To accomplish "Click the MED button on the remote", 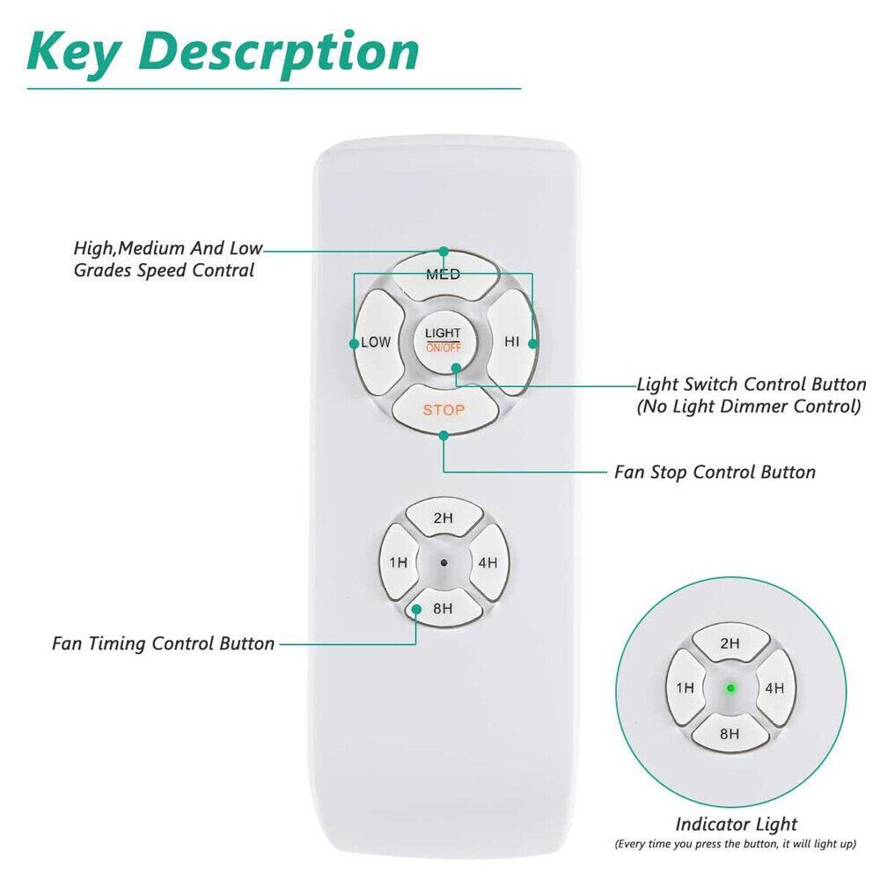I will (444, 275).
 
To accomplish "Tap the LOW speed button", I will (375, 342).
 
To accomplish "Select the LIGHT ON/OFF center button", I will (443, 339).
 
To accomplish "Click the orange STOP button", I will (444, 410).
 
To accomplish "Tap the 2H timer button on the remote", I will (444, 518).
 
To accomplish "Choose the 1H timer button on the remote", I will (399, 562).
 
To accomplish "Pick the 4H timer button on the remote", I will (488, 562).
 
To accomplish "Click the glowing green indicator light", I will (730, 687).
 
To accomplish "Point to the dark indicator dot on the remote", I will (444, 562).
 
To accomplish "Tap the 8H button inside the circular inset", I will (730, 731).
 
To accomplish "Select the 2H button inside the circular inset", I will (730, 643).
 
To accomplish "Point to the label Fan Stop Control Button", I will (715, 473).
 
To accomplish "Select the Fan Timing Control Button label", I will (163, 643).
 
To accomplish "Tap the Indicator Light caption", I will (736, 825).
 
